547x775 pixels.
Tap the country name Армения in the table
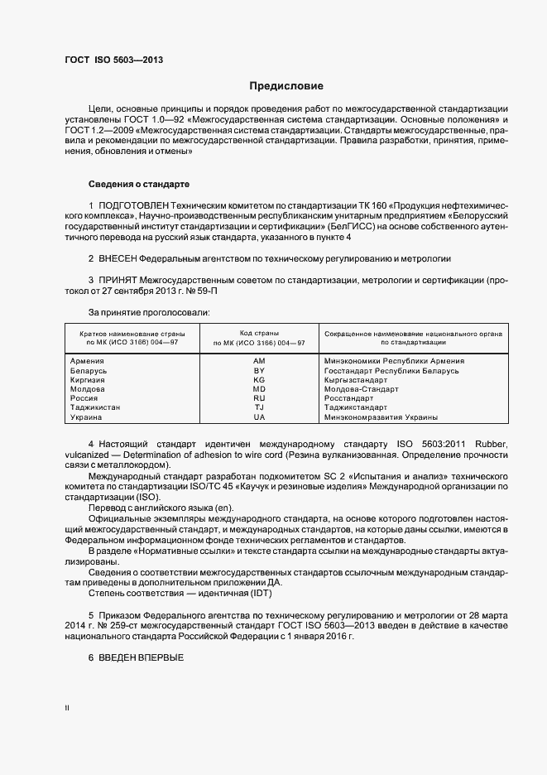point(87,361)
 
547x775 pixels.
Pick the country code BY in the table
point(259,371)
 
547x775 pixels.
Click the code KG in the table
point(259,380)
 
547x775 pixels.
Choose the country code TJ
point(259,407)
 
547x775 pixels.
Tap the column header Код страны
point(259,333)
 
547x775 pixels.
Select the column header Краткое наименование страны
point(126,333)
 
